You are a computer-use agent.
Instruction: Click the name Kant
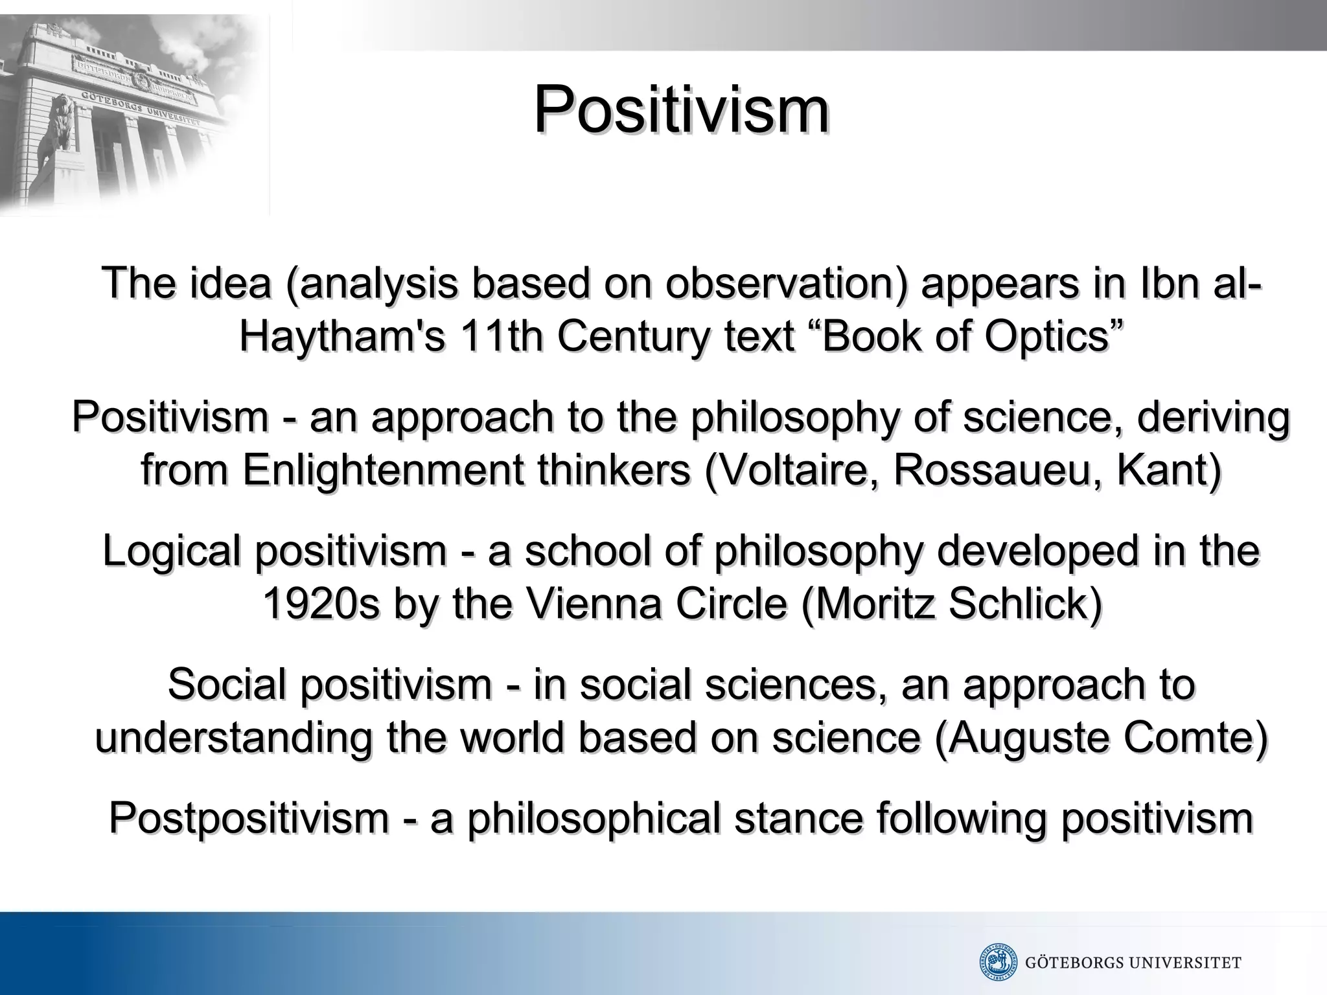[x=1166, y=470]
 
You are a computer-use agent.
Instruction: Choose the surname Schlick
[x=1024, y=605]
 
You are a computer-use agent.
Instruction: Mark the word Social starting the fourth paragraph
[x=230, y=685]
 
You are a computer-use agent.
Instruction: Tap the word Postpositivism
[x=249, y=818]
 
